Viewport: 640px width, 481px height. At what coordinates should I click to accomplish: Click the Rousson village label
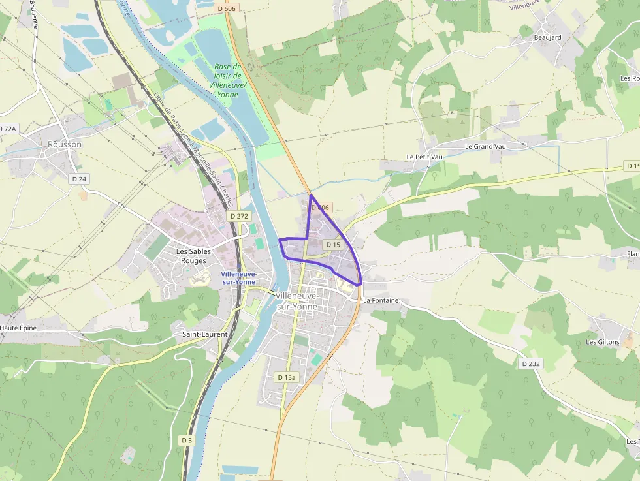65,144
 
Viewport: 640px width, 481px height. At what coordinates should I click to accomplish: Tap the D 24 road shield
80,178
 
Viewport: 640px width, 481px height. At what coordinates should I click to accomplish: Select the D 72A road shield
7,129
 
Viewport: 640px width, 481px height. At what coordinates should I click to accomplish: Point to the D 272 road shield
240,215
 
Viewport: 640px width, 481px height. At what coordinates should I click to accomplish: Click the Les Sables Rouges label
191,256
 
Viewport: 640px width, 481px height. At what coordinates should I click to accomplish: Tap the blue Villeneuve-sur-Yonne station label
238,278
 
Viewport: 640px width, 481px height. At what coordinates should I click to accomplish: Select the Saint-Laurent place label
204,334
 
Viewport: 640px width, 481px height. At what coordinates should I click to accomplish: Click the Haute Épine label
18,328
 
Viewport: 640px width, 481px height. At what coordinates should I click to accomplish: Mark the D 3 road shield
187,440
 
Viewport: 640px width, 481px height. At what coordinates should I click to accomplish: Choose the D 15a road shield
286,377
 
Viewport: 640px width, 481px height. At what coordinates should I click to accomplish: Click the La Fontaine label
381,300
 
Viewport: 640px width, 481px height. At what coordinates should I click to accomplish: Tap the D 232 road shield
531,364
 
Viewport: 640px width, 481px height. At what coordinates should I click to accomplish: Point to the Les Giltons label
602,341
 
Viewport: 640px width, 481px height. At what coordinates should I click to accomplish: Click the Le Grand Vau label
485,146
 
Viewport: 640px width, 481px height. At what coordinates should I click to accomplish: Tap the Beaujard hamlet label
547,37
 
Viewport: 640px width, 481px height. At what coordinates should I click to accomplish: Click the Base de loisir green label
229,80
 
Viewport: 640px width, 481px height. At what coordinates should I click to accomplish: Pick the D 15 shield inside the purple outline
332,245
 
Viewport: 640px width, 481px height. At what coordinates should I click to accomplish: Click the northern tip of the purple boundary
311,195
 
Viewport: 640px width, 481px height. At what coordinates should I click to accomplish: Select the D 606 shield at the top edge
225,8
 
